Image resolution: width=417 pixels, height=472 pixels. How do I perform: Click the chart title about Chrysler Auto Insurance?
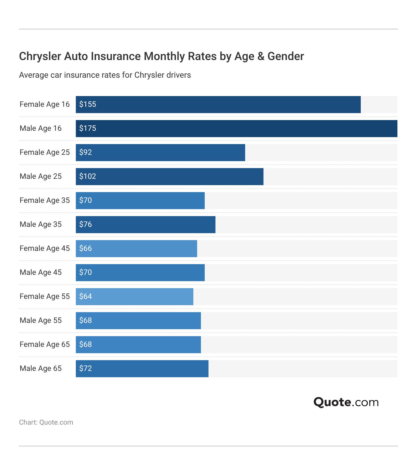pos(161,56)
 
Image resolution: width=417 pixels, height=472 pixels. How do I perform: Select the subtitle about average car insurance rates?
pos(105,75)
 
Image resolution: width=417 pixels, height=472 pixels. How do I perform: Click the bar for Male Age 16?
pos(236,129)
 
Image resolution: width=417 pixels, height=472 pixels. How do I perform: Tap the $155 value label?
pos(88,105)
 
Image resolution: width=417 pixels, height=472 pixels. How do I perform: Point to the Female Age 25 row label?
pos(45,152)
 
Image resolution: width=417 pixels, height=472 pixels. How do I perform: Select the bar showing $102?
pos(169,177)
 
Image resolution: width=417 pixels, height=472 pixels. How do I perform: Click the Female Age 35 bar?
pos(140,201)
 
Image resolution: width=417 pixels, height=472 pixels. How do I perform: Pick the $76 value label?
pos(85,225)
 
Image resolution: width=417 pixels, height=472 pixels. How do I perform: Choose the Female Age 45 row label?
pos(45,248)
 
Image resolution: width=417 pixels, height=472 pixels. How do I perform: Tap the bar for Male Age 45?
pos(140,273)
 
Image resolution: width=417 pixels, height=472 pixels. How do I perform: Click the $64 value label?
pos(85,297)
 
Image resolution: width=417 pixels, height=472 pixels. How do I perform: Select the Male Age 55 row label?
pos(40,320)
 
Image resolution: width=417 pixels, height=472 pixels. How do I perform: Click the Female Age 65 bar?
pos(138,345)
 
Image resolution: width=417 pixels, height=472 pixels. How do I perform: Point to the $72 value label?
pos(85,369)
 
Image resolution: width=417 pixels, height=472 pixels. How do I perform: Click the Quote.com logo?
pos(346,402)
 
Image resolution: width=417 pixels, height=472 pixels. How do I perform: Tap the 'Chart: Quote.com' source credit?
pos(46,422)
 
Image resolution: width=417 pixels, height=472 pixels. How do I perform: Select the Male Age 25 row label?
pos(40,176)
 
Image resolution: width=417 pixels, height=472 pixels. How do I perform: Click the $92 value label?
pos(85,153)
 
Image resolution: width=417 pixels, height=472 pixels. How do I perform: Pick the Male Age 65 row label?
pos(40,368)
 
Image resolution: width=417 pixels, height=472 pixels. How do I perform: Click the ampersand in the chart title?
pos(261,56)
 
